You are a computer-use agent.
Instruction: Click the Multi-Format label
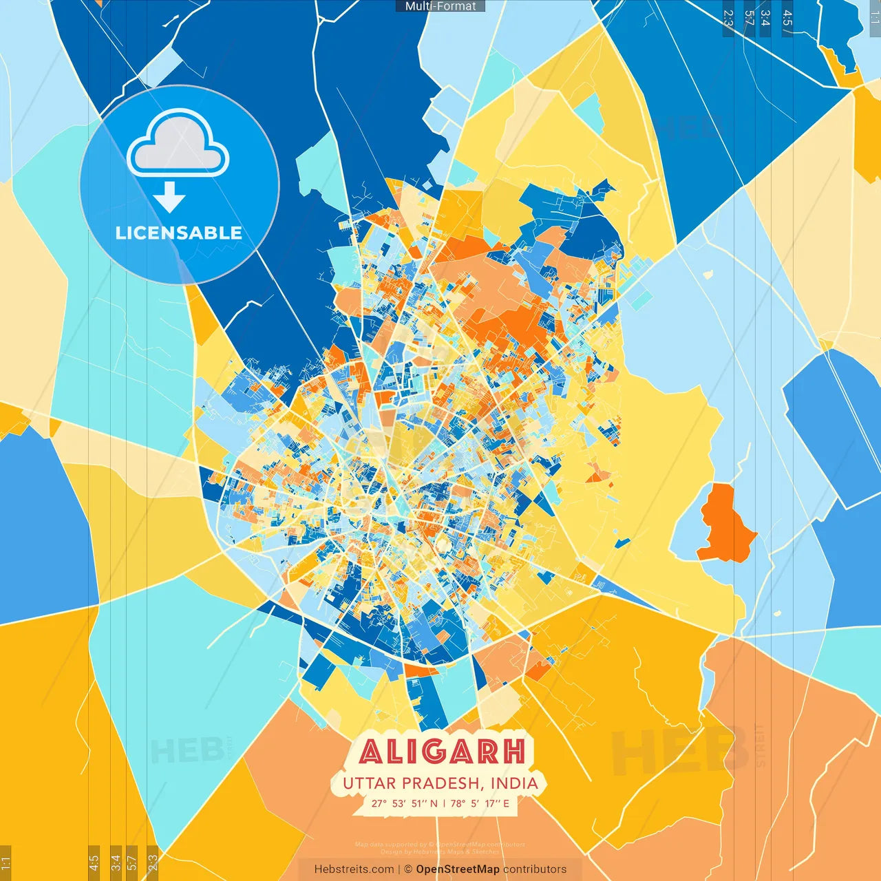click(x=440, y=6)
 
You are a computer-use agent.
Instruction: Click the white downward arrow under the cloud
click(x=169, y=199)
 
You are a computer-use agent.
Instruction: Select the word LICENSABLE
click(x=178, y=233)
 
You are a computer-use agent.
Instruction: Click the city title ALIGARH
click(x=442, y=752)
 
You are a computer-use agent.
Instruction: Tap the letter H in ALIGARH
click(x=513, y=752)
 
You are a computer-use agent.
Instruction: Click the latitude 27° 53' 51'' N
click(x=404, y=803)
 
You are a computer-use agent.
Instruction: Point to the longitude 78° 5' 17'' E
click(x=480, y=803)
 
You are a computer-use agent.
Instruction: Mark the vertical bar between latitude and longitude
click(x=444, y=803)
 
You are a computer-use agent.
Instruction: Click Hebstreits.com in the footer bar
click(x=354, y=869)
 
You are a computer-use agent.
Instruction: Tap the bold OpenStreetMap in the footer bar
click(x=457, y=869)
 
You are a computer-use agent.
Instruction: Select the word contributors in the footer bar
click(x=535, y=869)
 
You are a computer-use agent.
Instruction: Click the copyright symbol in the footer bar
click(x=408, y=869)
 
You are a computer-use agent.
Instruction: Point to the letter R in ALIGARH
click(x=486, y=752)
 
